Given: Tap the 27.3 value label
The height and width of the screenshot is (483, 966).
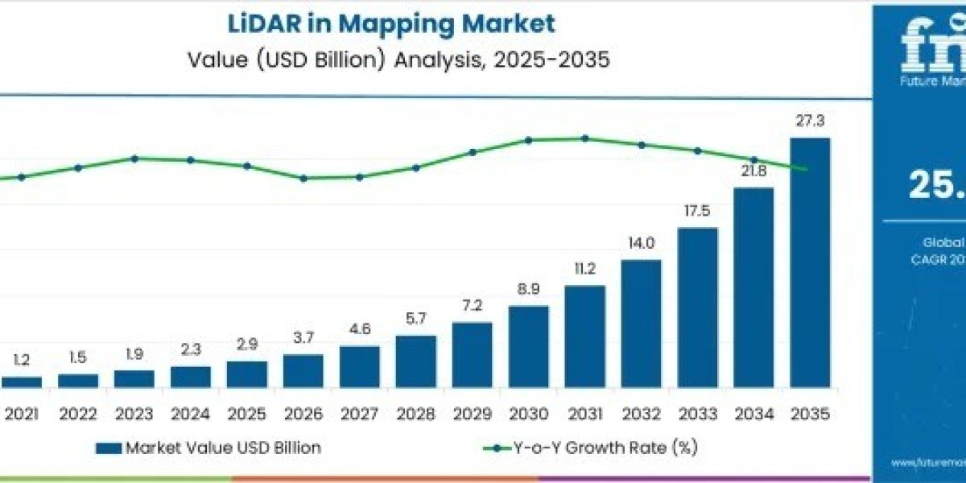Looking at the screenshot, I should (x=810, y=122).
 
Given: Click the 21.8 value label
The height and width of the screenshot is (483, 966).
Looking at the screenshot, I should (x=753, y=171).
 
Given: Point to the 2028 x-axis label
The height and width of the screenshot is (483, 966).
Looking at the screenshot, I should (x=416, y=413).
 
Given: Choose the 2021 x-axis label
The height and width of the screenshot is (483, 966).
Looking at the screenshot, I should (x=22, y=413).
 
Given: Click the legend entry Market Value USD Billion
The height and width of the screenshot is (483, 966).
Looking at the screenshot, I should (x=208, y=448).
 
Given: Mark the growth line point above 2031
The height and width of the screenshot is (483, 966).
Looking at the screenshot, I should (x=585, y=138).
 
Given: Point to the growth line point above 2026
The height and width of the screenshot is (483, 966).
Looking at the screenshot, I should (x=303, y=178).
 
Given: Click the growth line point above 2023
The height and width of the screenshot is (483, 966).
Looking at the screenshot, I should (x=134, y=159).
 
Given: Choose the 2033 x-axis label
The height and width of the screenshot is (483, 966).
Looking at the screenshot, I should (x=697, y=413).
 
